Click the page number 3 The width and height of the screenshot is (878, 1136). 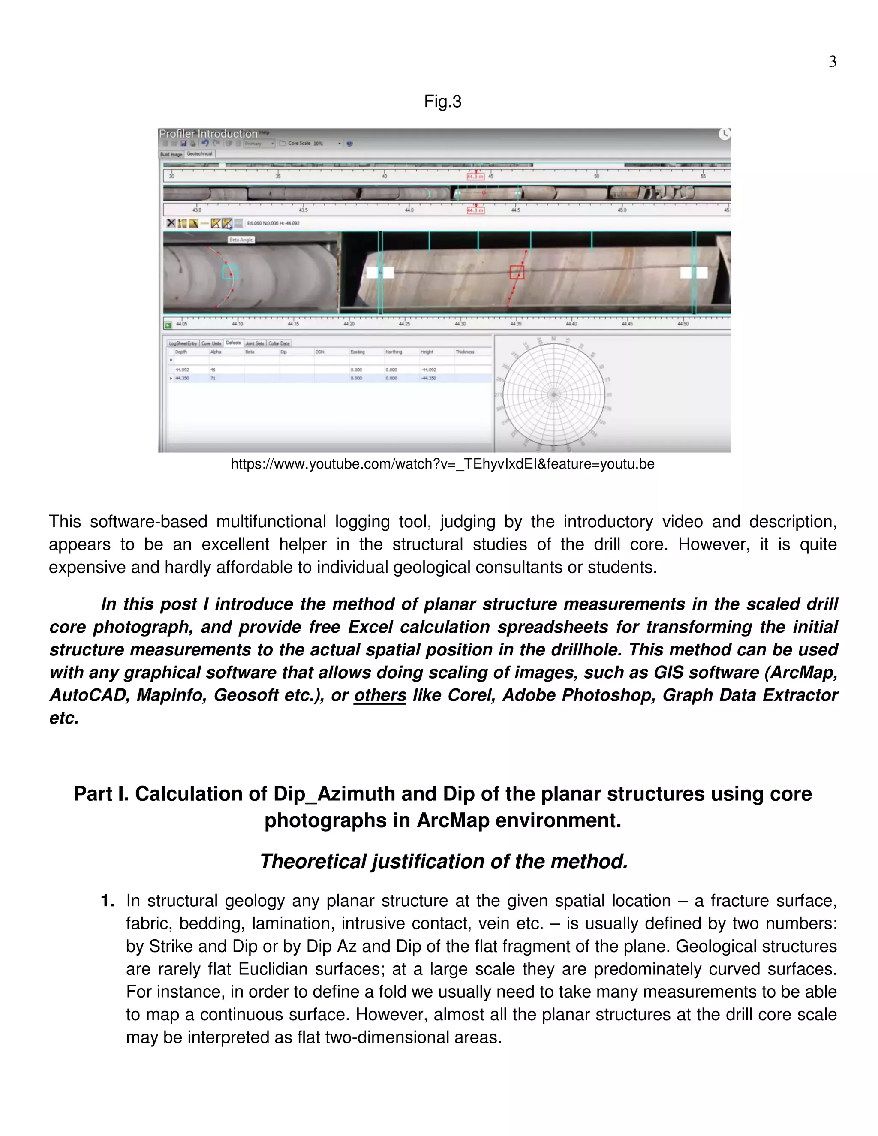832,62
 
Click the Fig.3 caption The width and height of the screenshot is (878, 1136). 442,102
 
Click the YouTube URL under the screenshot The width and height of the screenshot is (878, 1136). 442,464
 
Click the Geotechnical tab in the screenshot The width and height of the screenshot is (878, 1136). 199,154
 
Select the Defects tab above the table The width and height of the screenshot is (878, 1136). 234,343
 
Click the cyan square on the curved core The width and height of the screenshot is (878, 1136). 229,272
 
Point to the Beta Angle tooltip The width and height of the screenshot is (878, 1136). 241,240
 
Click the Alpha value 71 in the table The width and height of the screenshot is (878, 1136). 213,378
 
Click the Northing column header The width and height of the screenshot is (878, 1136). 394,352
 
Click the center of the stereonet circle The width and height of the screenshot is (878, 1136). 553,395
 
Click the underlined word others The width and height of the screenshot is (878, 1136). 380,695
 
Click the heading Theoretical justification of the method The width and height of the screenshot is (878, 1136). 444,861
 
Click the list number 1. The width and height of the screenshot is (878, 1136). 107,901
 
